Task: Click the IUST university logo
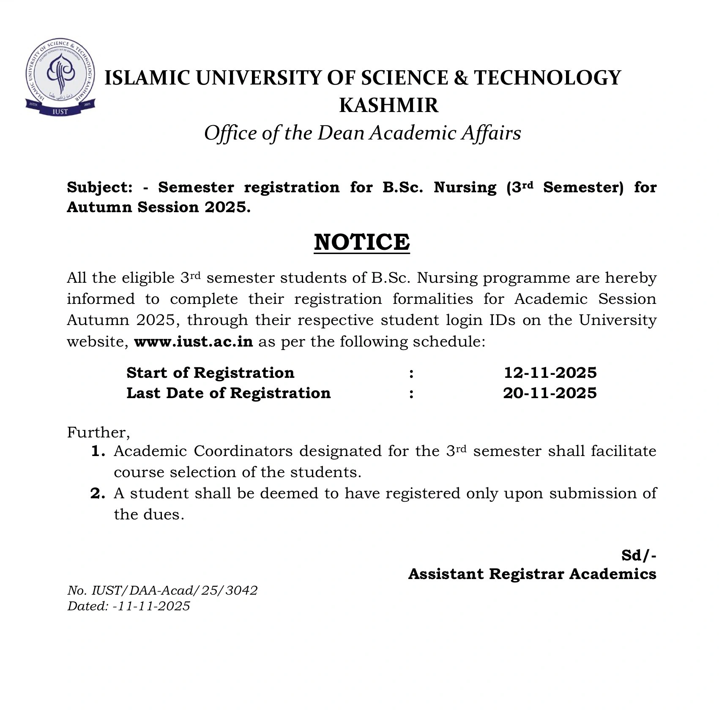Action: [x=60, y=78]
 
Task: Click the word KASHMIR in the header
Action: [x=388, y=105]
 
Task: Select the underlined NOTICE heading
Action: [x=362, y=242]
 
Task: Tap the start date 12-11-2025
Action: [x=550, y=373]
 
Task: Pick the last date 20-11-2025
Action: [x=550, y=393]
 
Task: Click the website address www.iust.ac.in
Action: [x=194, y=341]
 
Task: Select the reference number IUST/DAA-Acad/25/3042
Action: [x=175, y=590]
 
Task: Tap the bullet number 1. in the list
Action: [x=98, y=451]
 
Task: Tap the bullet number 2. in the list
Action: [x=98, y=493]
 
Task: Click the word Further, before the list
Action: [x=98, y=432]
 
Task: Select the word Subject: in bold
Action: [x=100, y=187]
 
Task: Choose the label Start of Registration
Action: [x=210, y=373]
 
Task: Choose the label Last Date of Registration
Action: [x=228, y=393]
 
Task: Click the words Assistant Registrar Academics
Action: [x=532, y=574]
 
